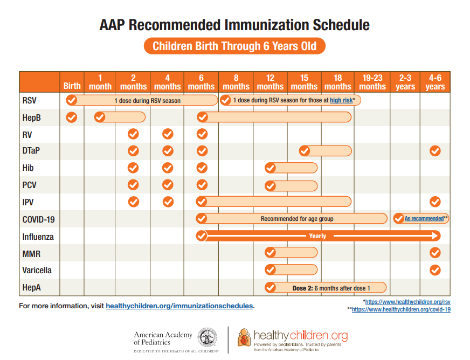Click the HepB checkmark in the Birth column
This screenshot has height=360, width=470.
coord(71,117)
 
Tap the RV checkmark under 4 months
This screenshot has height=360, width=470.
coord(168,134)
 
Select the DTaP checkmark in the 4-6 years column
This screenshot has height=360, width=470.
coord(435,151)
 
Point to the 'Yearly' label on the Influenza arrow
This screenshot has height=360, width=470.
coord(317,236)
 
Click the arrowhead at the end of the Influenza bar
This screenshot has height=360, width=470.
coord(436,236)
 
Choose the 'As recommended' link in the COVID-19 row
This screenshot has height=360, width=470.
coord(424,219)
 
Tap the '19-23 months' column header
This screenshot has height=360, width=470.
coord(372,82)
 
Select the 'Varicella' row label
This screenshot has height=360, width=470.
coord(37,270)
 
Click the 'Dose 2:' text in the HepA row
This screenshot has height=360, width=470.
coord(303,288)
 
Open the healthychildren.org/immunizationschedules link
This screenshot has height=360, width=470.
coord(179,306)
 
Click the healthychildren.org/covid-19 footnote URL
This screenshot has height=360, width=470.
coord(401,310)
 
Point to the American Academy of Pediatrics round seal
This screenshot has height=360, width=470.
coord(208,338)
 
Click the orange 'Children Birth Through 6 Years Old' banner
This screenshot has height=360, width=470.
coord(234,46)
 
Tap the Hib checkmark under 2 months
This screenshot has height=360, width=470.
coord(133,168)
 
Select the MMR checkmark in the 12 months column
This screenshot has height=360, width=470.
coord(270,253)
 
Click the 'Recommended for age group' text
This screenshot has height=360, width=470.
coord(297,219)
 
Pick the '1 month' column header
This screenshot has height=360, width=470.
coord(100,82)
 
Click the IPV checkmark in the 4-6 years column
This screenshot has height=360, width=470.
coord(435,202)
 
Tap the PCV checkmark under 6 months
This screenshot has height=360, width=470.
coord(202,185)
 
